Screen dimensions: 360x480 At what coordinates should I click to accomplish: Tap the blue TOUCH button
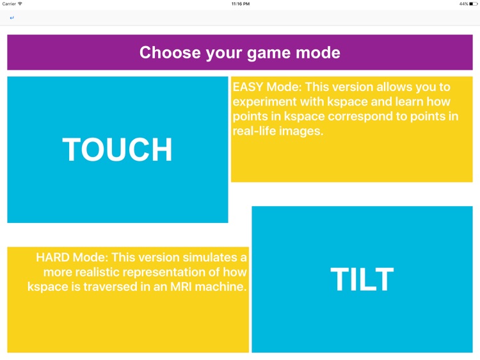click(x=118, y=149)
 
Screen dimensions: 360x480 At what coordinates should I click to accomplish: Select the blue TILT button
click(x=362, y=279)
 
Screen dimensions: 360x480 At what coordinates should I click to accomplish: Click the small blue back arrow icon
click(x=12, y=18)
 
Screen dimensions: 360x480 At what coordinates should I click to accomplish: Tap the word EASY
click(x=246, y=87)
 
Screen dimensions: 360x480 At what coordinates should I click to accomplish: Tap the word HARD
click(x=52, y=258)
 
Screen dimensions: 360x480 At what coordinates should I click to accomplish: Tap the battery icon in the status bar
click(x=472, y=4)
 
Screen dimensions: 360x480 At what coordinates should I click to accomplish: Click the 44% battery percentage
click(x=463, y=4)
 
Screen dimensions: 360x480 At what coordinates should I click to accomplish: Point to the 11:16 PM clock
click(x=240, y=4)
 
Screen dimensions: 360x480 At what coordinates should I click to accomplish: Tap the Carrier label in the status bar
click(x=9, y=4)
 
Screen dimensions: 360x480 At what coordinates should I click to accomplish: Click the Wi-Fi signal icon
click(x=20, y=4)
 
